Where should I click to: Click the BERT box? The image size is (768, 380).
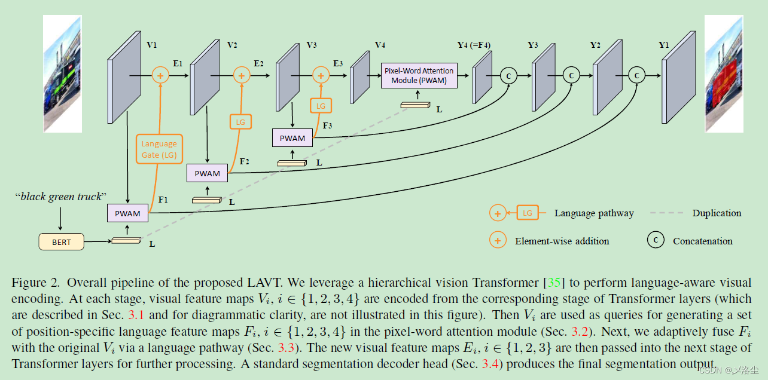(61, 241)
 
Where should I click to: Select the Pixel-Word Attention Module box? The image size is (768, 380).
(419, 75)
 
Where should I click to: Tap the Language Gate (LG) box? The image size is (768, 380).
(159, 149)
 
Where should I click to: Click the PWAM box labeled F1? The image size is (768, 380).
(127, 213)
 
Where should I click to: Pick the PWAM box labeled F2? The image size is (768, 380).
(207, 173)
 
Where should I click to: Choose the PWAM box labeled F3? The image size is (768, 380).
(292, 138)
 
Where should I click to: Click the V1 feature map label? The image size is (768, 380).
(151, 45)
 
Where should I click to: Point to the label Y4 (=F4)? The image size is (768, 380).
(474, 45)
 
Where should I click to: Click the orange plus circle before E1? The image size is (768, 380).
(160, 75)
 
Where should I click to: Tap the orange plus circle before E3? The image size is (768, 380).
(321, 75)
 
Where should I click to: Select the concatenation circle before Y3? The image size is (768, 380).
(509, 75)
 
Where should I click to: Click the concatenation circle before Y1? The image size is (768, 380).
(636, 75)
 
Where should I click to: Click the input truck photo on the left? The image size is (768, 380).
(62, 73)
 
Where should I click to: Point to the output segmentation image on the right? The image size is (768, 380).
(724, 73)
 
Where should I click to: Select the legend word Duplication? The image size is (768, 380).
(717, 213)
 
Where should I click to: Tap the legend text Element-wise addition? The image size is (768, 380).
(562, 241)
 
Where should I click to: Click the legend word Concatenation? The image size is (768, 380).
(702, 241)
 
